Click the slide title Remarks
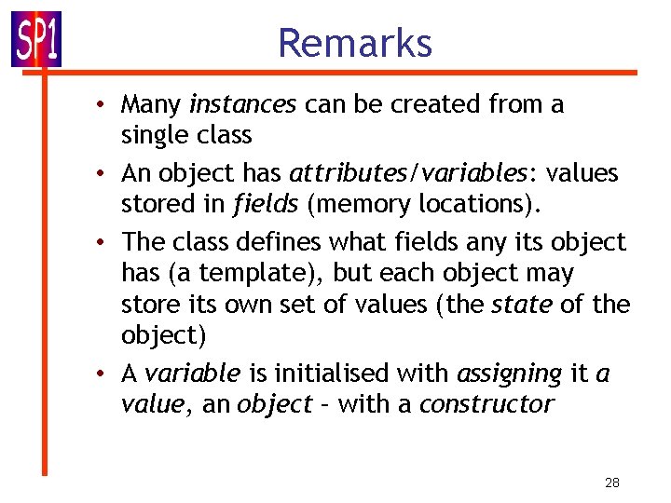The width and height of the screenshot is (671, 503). [355, 44]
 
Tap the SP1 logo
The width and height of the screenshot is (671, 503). [36, 39]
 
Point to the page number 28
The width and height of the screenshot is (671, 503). [612, 482]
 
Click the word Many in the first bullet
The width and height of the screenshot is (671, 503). [152, 104]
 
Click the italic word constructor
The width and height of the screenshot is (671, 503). [486, 404]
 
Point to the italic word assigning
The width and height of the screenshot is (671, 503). [510, 374]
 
